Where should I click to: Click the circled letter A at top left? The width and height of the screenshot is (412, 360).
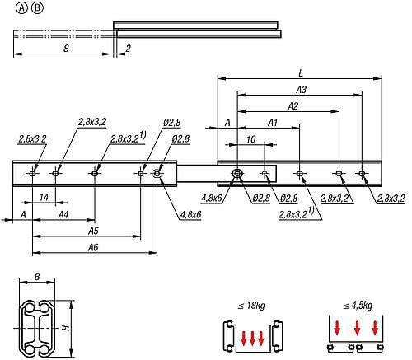pos(22,8)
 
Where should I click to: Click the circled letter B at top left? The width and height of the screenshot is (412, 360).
pos(37,8)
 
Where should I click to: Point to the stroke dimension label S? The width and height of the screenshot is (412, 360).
pos(66,49)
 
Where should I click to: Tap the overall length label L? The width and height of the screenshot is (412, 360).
pos(301,73)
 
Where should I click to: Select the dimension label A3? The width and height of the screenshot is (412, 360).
pos(301,90)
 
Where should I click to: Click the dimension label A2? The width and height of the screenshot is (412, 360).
pos(293,106)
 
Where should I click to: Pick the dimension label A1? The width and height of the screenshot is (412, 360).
pos(273,123)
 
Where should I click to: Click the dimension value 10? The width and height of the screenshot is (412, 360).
pos(250,139)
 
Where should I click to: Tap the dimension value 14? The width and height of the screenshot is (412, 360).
pos(44,197)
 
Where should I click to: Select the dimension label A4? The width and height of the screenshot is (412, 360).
pos(63,214)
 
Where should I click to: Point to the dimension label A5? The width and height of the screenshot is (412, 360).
pos(93,231)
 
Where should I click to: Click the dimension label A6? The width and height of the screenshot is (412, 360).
pos(93,247)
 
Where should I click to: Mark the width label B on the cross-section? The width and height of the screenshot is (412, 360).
pos(37,277)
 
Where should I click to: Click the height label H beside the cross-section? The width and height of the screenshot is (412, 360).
pos(66,327)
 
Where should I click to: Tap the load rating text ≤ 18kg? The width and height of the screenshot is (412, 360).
pos(251,306)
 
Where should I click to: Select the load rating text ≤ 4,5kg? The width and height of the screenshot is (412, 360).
pos(358,306)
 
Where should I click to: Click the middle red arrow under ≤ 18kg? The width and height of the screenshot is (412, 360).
pos(252,339)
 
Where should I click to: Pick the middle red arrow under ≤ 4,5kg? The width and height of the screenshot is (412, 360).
pos(357,328)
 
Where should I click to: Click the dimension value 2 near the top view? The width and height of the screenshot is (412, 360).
pos(128,49)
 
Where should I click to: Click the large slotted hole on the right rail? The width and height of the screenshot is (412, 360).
pos(237,174)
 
